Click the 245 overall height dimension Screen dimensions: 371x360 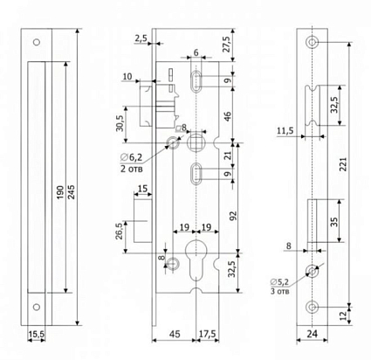coord(72,192)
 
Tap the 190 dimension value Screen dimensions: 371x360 coord(60,192)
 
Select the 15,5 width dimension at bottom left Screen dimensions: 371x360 coord(37,335)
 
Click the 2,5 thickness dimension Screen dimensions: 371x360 coord(141,38)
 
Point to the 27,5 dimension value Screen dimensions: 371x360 coord(227,43)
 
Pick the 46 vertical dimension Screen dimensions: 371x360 coord(228,116)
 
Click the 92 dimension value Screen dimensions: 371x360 coord(234,216)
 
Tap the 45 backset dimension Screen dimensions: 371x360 coord(175,334)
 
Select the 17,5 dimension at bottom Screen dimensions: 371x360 coord(208,334)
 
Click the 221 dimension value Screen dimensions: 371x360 coord(344,164)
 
